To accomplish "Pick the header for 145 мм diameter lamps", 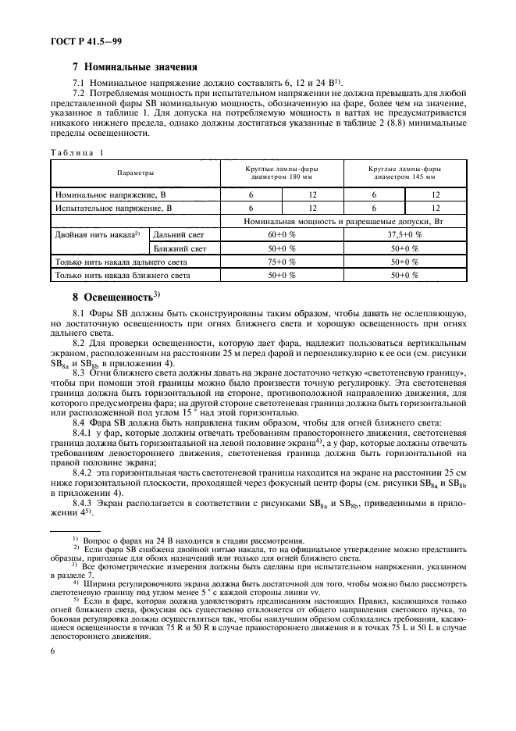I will pyautogui.click(x=404, y=172).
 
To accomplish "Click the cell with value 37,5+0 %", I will pyautogui.click(x=404, y=234).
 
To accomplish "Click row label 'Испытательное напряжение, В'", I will pyautogui.click(x=112, y=208).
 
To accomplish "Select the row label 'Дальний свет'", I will pyautogui.click(x=180, y=234).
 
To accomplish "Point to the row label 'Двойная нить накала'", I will pyautogui.click(x=98, y=234).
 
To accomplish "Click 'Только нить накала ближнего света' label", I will pyautogui.click(x=122, y=276).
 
